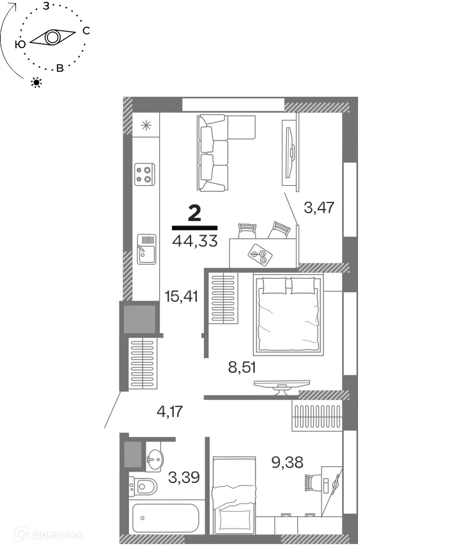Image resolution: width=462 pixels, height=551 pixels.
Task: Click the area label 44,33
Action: point(195,242)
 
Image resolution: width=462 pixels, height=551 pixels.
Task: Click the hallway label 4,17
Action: point(171,410)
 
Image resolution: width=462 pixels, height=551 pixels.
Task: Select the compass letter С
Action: point(86,31)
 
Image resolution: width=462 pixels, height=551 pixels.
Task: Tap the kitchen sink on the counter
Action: point(146,249)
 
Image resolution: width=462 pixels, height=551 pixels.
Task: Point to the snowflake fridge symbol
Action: point(146,125)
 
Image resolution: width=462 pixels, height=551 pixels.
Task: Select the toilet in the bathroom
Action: point(142,486)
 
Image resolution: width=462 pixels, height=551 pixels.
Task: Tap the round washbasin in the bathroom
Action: point(155,457)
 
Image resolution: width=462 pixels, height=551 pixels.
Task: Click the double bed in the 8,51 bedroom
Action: point(288,314)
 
